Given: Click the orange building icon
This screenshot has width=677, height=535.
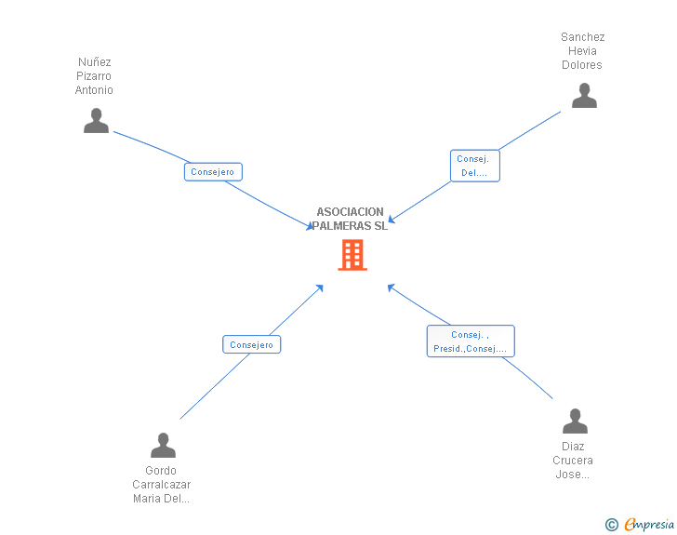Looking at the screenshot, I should (352, 255).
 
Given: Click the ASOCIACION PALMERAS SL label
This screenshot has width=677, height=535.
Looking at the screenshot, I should (350, 219).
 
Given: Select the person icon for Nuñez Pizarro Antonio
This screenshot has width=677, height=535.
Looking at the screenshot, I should (96, 121).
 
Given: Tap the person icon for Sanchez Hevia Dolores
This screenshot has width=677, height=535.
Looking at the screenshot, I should (584, 96).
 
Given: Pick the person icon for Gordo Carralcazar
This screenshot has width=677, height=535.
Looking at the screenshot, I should (163, 446).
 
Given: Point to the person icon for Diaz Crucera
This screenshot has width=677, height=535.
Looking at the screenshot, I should (575, 421).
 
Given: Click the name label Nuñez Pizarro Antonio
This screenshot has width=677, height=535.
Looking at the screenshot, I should (94, 76).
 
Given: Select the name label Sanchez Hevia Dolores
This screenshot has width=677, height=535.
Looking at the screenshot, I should (582, 51).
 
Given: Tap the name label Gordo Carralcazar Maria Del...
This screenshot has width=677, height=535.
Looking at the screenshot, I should (161, 485).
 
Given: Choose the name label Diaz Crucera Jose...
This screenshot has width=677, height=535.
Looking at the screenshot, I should (572, 461).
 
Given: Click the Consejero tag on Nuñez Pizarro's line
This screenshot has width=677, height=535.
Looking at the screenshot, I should (213, 172).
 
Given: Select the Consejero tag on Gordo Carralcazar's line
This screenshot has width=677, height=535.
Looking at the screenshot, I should (251, 344).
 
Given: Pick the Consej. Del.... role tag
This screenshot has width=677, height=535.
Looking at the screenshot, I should (474, 166).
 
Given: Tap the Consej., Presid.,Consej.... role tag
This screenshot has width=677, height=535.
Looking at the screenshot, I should (470, 341).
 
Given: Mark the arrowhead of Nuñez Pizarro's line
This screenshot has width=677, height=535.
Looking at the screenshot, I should (311, 226).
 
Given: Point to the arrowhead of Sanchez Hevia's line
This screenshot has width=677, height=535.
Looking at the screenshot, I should (392, 220).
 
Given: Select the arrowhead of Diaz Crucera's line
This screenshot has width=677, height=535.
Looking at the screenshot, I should (392, 288).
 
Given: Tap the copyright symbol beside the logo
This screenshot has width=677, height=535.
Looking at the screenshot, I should (611, 525).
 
